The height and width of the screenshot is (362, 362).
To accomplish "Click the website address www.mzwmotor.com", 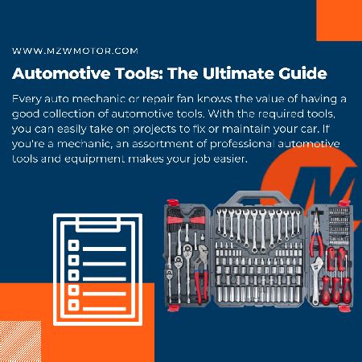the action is click(75, 51).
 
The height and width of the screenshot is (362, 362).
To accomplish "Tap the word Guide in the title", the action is click(302, 73).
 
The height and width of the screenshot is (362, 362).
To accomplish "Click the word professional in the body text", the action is click(242, 144).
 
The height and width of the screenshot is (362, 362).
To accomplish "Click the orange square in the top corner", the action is click(339, 20).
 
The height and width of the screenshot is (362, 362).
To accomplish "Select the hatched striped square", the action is click(21, 341).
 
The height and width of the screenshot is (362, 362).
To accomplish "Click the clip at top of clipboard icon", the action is click(98, 224).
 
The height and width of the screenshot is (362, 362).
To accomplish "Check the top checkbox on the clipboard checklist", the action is click(74, 245).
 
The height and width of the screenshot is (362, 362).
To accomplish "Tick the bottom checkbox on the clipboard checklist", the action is click(74, 305).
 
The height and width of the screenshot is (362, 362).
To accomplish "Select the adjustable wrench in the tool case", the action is click(317, 280).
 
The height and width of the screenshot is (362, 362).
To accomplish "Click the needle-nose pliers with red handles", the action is click(317, 236).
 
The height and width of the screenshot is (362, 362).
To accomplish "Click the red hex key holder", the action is click(186, 220).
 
